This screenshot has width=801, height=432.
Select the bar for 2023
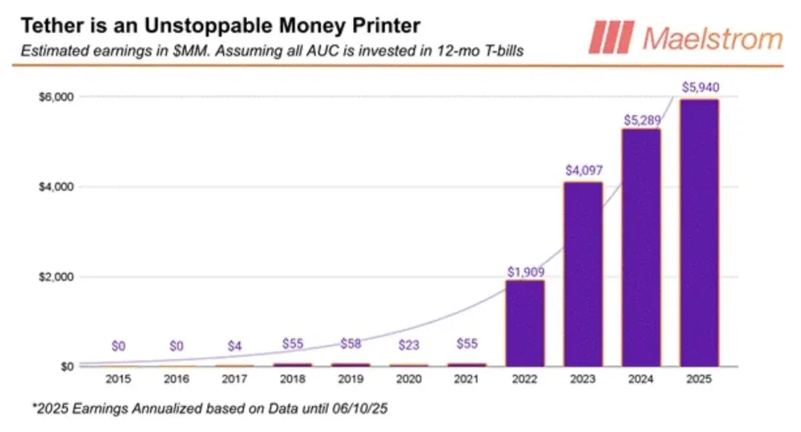pyautogui.click(x=582, y=274)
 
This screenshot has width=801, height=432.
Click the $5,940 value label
pyautogui.click(x=699, y=88)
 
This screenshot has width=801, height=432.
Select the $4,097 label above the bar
pyautogui.click(x=582, y=170)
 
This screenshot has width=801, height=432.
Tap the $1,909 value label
pyautogui.click(x=525, y=272)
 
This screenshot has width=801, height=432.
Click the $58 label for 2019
pyautogui.click(x=351, y=344)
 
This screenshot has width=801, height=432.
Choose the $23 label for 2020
pyautogui.click(x=409, y=344)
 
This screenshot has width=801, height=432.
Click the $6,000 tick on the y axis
pyautogui.click(x=56, y=96)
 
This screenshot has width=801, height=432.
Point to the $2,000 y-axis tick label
pyautogui.click(x=56, y=277)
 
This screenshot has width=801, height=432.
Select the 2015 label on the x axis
pyautogui.click(x=119, y=379)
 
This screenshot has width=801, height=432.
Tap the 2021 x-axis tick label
pyautogui.click(x=467, y=379)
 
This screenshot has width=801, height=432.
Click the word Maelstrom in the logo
pyautogui.click(x=712, y=39)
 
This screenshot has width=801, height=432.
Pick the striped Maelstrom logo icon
pyautogui.click(x=611, y=37)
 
